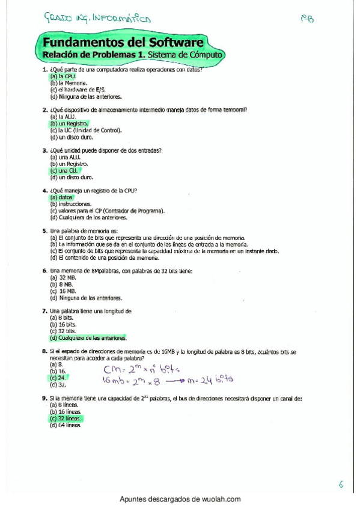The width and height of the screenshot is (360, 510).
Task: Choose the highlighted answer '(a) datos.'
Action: (x=62, y=197)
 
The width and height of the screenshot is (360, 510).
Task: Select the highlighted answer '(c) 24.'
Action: (x=58, y=378)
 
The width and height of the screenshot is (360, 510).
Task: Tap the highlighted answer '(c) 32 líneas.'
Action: (x=66, y=419)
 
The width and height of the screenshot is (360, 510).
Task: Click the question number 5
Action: (x=45, y=231)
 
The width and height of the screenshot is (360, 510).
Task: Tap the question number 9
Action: (x=45, y=398)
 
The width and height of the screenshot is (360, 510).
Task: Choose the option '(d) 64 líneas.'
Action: (x=66, y=425)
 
